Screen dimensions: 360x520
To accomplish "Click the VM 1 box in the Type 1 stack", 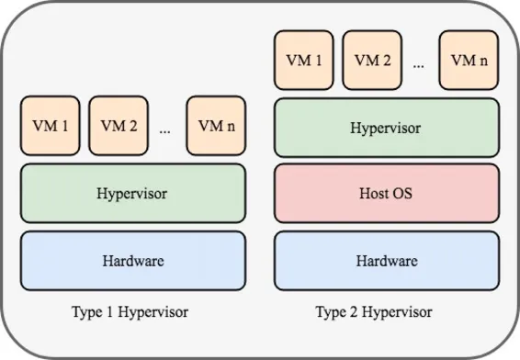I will coord(50,126).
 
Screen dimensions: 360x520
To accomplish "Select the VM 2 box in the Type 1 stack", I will coord(119,126).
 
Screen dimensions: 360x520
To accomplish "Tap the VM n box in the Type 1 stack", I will coord(216,126).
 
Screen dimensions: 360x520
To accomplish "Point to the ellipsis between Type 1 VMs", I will coord(165,129).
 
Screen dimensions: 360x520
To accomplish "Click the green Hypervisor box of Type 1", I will coord(132,194).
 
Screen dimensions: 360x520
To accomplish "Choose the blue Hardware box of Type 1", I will coord(132,261).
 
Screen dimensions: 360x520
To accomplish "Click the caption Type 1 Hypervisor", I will coord(130,312).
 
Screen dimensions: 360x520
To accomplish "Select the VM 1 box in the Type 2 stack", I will coord(304,61).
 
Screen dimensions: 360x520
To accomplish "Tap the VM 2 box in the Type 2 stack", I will coord(373,61).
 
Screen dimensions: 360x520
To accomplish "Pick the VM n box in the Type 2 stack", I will coord(469,61).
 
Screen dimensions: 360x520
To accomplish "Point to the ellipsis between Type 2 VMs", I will coord(419,64).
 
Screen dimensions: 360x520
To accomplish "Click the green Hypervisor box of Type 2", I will coord(386,128).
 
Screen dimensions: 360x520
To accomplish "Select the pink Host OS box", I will coord(386,195).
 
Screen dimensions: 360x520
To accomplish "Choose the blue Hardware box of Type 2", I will coord(386,261).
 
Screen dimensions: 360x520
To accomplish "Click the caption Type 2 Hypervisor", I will coord(373,312).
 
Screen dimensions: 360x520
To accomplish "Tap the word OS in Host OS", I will coord(405,195).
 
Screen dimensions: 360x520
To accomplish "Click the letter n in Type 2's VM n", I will coord(482,61).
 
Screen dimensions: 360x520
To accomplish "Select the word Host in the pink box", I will coord(376,195).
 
